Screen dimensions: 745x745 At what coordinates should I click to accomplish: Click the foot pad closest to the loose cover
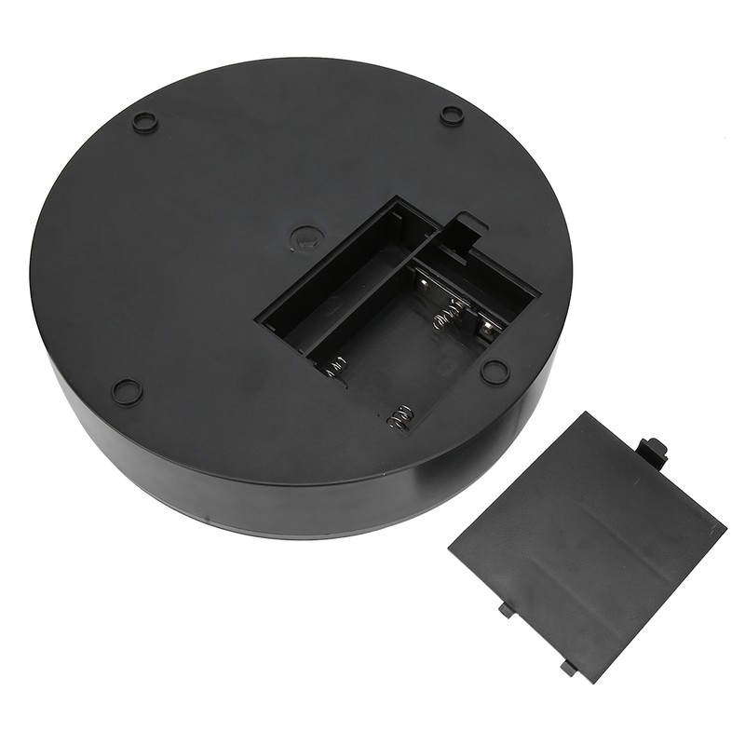click(x=494, y=371)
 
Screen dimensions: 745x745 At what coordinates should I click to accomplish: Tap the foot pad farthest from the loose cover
click(x=144, y=121)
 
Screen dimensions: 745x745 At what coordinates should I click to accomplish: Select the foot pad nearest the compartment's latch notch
click(x=452, y=115)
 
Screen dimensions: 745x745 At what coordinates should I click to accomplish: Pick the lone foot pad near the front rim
click(x=127, y=391)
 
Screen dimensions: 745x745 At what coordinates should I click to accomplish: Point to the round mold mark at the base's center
click(x=304, y=236)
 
